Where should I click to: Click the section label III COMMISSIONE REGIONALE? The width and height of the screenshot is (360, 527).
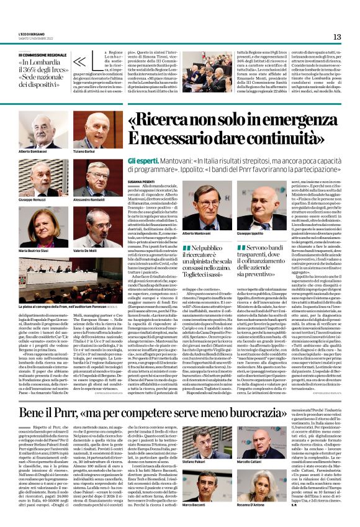[44, 55]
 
